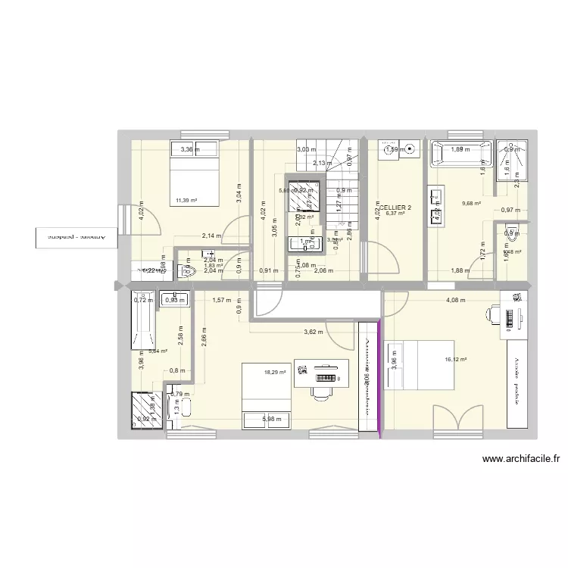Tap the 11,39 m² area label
click(x=186, y=201)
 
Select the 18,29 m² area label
click(x=275, y=372)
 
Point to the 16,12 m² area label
click(x=456, y=360)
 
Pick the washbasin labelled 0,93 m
click(x=173, y=299)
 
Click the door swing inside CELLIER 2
click(x=386, y=256)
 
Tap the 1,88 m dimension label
click(x=460, y=270)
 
